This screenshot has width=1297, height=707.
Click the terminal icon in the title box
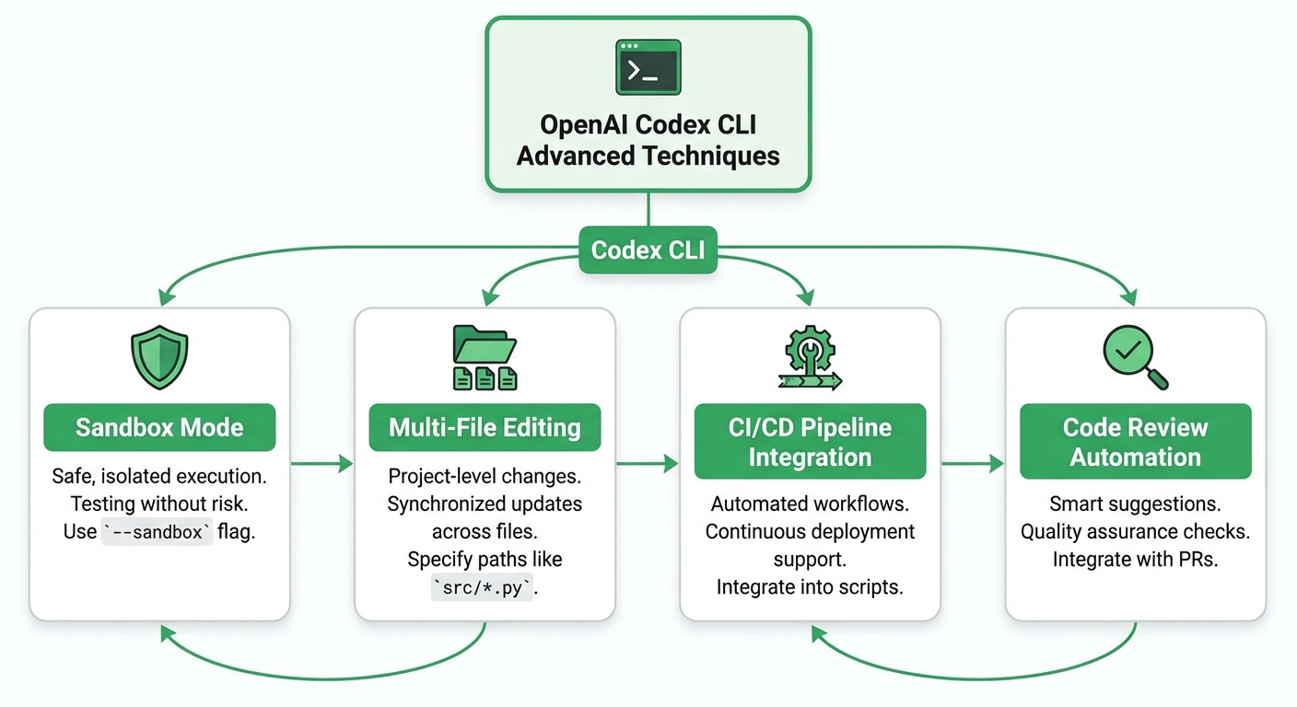tap(648, 67)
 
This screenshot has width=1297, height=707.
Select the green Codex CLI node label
tap(648, 250)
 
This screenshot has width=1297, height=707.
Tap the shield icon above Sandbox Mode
tap(159, 359)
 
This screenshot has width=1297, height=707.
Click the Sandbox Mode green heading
tap(159, 427)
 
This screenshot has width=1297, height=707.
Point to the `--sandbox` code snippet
tap(157, 532)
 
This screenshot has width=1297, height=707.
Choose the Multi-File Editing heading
tap(485, 427)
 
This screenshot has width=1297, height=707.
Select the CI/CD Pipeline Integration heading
tap(810, 442)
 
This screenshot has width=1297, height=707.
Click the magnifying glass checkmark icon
tap(1135, 357)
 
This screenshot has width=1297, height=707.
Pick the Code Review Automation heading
tap(1135, 442)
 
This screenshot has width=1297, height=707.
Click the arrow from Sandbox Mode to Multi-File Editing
tap(322, 463)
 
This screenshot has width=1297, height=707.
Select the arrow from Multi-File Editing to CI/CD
tap(648, 463)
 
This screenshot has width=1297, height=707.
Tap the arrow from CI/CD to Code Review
tap(973, 463)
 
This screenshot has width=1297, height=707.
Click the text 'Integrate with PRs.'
tap(1135, 560)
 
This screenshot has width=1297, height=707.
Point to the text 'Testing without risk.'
tap(159, 504)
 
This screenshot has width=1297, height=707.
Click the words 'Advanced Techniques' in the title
tap(648, 155)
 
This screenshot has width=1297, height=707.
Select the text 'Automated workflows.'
tap(810, 504)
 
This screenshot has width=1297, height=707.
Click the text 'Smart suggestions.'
tap(1135, 504)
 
